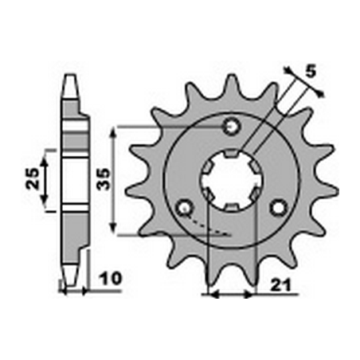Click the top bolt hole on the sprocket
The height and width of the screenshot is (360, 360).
point(231,126)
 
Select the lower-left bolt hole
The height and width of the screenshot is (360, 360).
point(185,209)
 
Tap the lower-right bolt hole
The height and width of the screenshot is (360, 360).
point(278,208)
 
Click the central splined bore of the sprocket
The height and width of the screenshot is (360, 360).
point(231,180)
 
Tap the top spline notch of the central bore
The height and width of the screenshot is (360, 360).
point(231,155)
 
